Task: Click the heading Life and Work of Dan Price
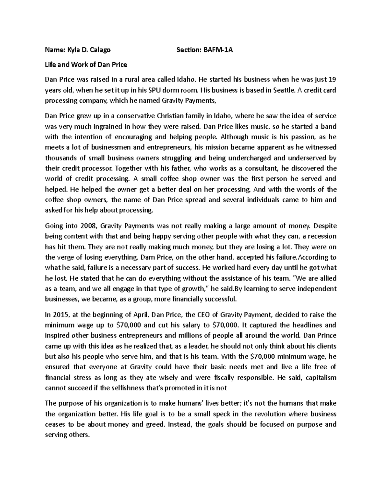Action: point(86,65)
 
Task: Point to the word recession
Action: point(323,236)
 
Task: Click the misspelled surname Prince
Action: point(326,336)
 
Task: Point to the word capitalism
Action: point(319,378)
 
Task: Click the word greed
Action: point(154,424)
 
